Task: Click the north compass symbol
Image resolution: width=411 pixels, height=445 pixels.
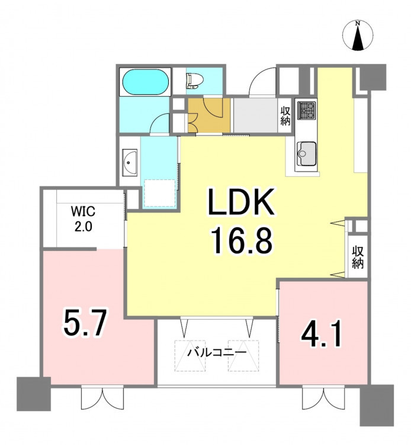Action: (358, 36)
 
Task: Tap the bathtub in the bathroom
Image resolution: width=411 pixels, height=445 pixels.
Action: (145, 82)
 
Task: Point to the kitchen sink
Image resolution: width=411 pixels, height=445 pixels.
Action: (306, 154)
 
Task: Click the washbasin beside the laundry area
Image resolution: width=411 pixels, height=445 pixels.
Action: (130, 163)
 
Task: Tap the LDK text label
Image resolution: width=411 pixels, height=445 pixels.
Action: (241, 202)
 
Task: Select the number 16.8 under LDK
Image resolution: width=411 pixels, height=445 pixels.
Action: (241, 241)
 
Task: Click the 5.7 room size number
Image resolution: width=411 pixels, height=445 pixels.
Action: (85, 323)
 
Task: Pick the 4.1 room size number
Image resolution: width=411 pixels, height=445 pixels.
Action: (322, 333)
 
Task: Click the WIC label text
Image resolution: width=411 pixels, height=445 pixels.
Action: (83, 211)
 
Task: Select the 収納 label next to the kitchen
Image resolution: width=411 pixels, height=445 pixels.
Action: (285, 116)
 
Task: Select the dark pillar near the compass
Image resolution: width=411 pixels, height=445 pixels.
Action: (373, 77)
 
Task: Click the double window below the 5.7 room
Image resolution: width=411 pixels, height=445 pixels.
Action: (102, 398)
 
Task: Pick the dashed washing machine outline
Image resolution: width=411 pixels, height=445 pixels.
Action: (160, 193)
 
